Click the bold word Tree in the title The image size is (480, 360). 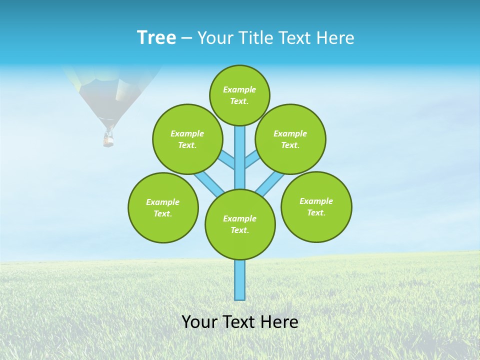point(156,38)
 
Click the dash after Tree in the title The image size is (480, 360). point(186,38)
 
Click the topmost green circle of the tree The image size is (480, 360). point(239,95)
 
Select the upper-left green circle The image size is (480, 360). point(187,139)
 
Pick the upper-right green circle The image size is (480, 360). point(290,139)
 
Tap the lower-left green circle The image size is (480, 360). point(163,207)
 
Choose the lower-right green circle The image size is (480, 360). point(316,206)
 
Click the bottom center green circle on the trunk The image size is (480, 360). point(240,224)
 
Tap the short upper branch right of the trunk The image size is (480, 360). point(251,159)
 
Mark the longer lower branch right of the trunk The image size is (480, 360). point(270,183)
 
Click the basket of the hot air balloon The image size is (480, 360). point(108,139)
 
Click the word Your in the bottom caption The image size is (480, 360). point(198,322)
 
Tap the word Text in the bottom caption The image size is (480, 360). point(239,322)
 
